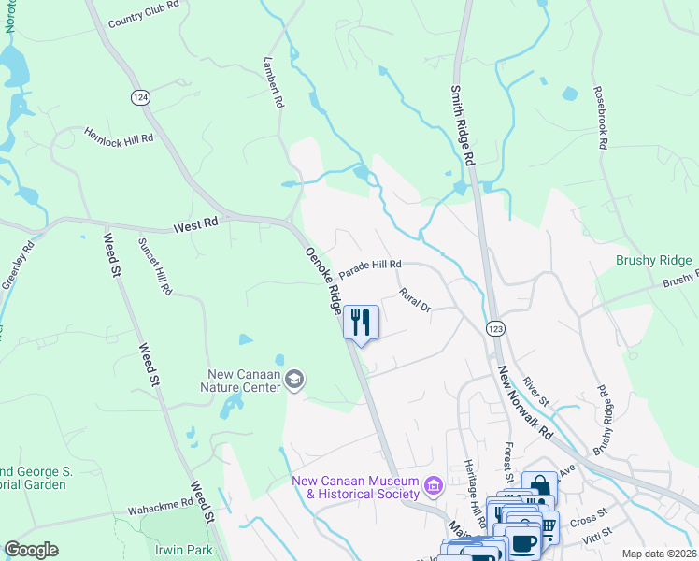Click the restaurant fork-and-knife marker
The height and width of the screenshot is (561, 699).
coord(361,323)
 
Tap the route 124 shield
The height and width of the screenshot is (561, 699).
coord(140,97)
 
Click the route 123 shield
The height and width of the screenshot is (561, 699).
coord(495,328)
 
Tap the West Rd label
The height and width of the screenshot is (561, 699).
coord(195,224)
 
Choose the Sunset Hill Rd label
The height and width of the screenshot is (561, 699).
coord(155,266)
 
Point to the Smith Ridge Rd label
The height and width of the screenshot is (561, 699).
coord(463,126)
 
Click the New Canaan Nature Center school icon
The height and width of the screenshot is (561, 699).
coord(294,379)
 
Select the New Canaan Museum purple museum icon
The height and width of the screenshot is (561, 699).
coord(433,485)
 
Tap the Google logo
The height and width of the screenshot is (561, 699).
coord(32,550)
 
